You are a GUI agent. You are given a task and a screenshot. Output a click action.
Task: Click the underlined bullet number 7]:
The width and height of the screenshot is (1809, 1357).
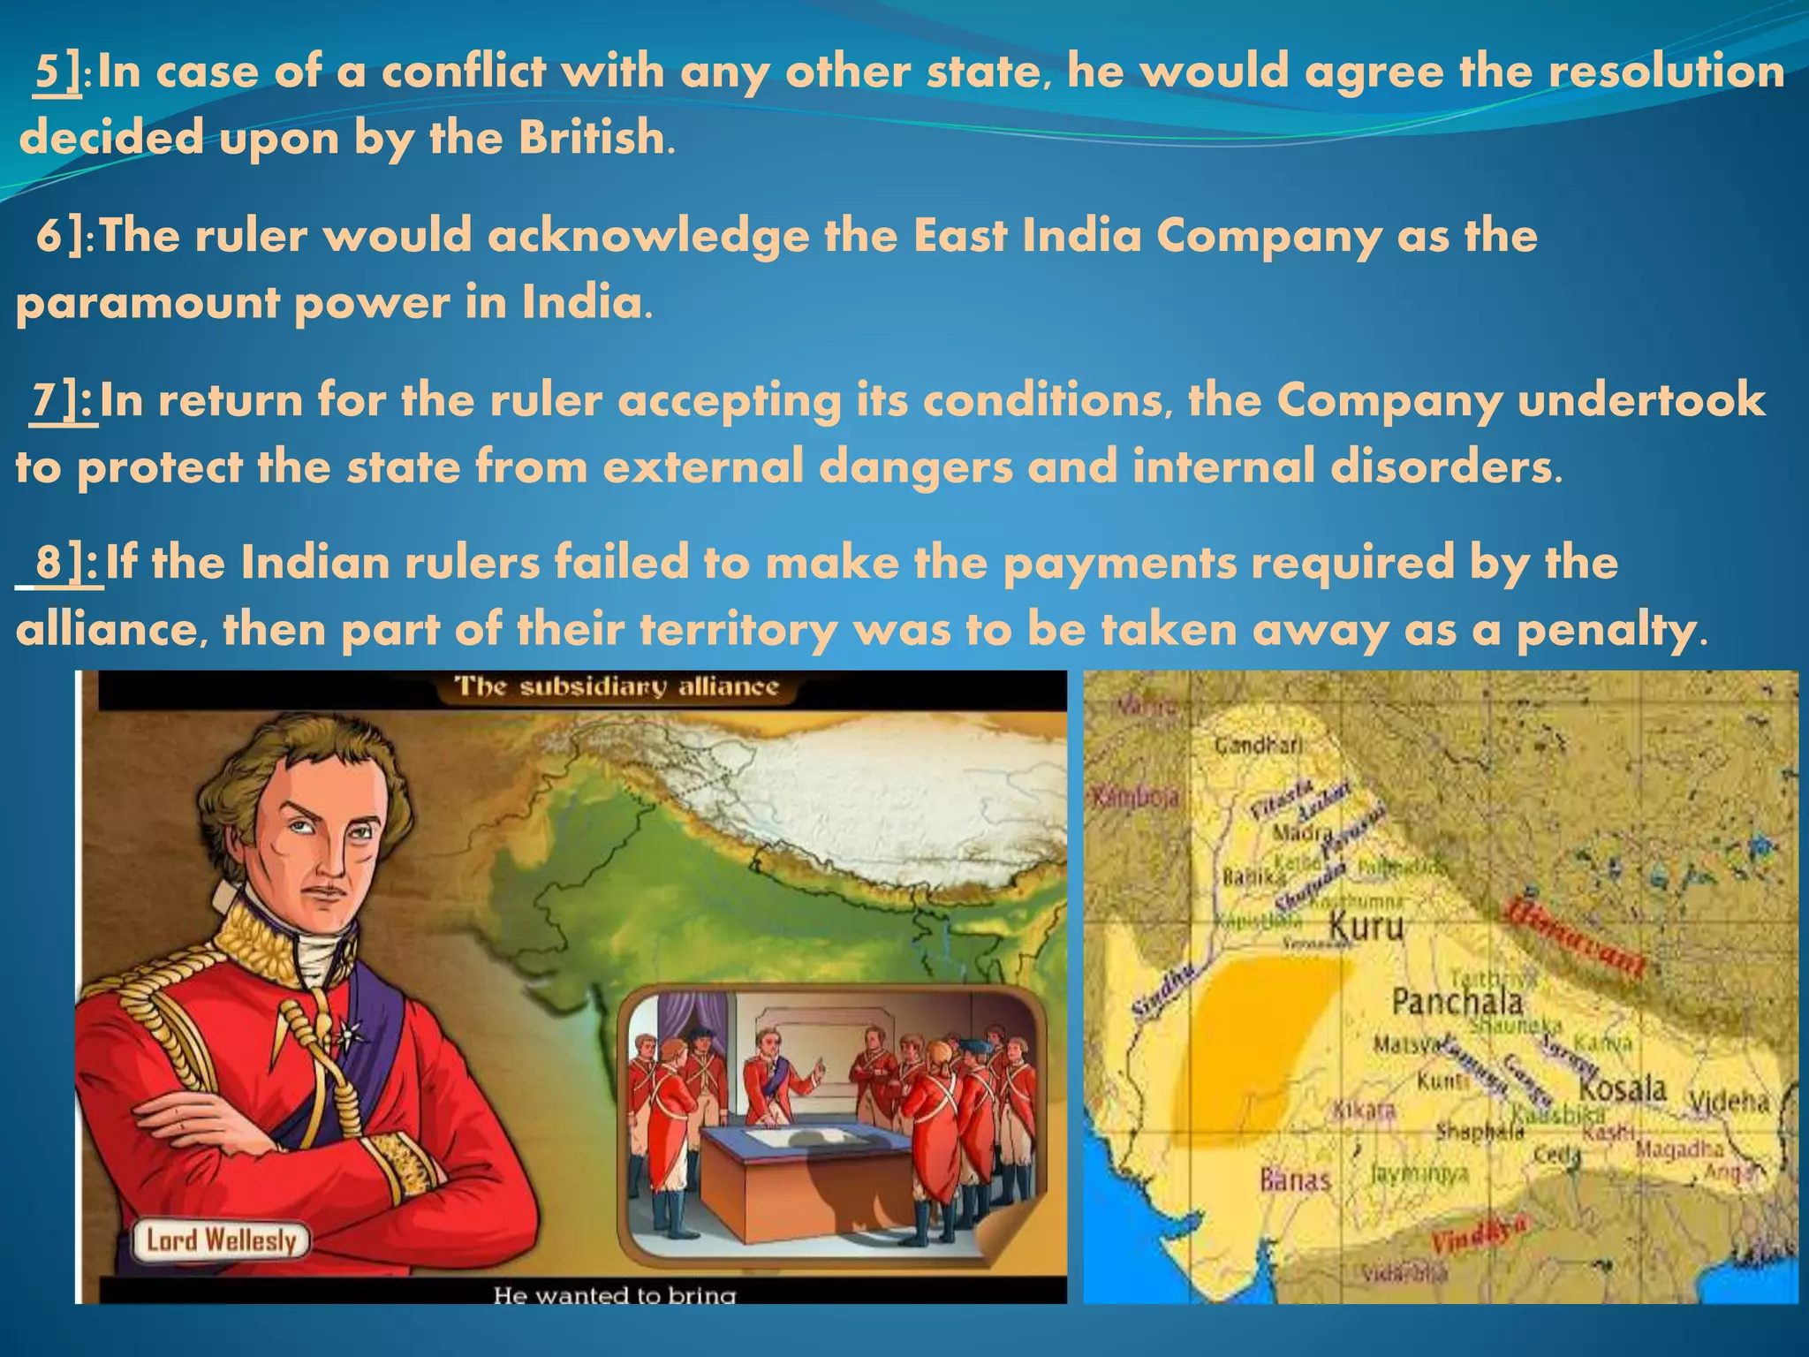[64, 400]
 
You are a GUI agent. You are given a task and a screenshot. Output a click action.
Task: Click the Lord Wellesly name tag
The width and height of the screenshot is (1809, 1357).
[221, 1240]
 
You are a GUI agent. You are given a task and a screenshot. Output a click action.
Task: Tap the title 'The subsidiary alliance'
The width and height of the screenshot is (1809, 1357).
[616, 687]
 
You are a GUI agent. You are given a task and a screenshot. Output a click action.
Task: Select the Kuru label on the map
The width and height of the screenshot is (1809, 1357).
[1366, 927]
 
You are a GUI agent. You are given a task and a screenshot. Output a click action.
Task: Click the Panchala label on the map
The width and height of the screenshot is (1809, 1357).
[1457, 1002]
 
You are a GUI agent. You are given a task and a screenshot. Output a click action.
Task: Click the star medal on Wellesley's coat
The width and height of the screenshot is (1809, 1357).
[352, 1028]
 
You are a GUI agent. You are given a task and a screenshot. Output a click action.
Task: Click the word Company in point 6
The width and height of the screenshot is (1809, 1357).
[1267, 237]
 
